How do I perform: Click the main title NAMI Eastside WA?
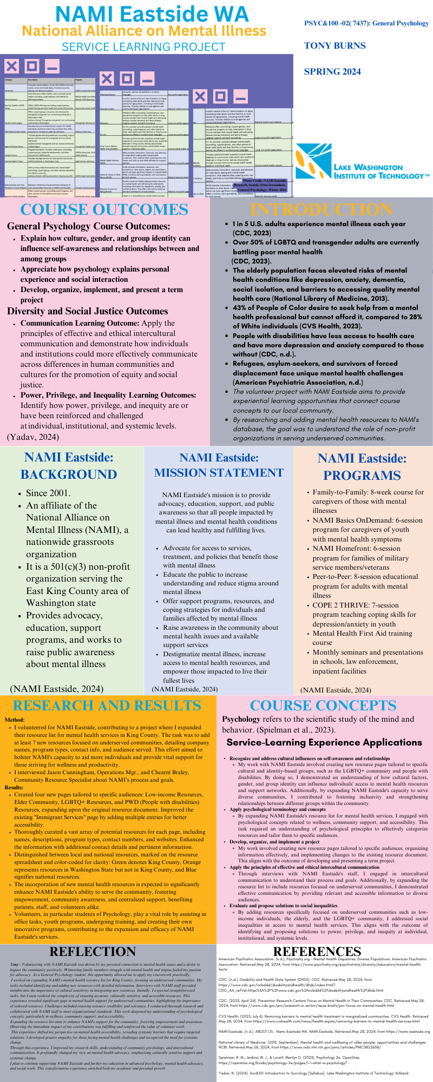click(x=145, y=14)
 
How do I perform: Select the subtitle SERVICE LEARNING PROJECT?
click(x=143, y=47)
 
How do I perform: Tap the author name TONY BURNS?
click(x=334, y=45)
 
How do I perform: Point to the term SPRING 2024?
click(x=332, y=71)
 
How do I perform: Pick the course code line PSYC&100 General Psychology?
click(x=366, y=23)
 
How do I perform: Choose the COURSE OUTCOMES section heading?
click(x=104, y=210)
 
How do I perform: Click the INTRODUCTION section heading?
click(x=322, y=209)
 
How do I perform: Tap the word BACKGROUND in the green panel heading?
click(x=69, y=474)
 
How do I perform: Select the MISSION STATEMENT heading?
click(x=219, y=472)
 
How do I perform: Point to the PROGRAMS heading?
click(x=362, y=475)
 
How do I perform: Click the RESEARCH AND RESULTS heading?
click(x=107, y=705)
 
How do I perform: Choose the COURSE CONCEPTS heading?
click(x=323, y=705)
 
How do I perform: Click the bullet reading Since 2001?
click(x=48, y=493)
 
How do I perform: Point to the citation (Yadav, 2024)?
click(x=33, y=437)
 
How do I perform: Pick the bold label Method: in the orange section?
click(x=15, y=720)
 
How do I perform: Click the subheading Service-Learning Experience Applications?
click(x=324, y=742)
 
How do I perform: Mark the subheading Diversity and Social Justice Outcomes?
click(x=88, y=311)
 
